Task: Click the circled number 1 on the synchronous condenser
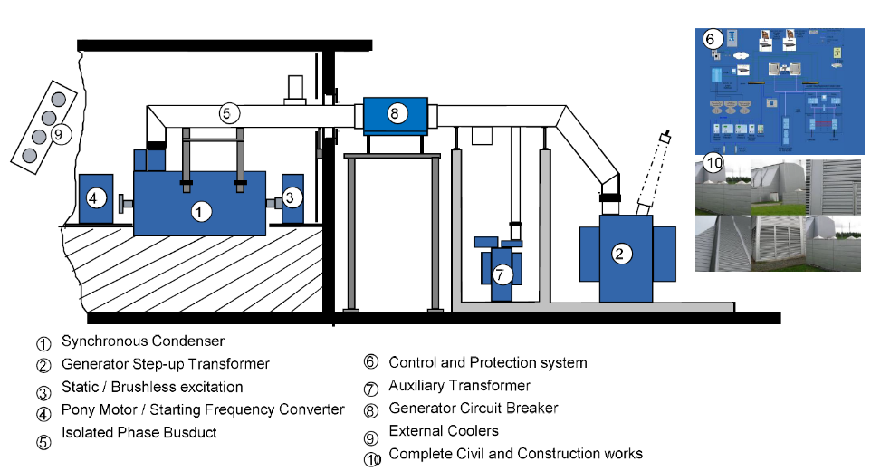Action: pyautogui.click(x=201, y=212)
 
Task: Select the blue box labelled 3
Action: pyautogui.click(x=291, y=197)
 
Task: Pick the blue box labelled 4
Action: pyautogui.click(x=95, y=197)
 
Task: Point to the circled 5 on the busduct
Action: pyautogui.click(x=230, y=113)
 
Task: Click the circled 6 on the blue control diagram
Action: pyautogui.click(x=711, y=39)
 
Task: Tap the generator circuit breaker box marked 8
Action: pyautogui.click(x=395, y=114)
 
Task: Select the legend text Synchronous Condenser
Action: pyautogui.click(x=143, y=341)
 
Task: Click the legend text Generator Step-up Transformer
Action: pyautogui.click(x=166, y=364)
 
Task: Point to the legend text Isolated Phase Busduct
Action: pyautogui.click(x=139, y=432)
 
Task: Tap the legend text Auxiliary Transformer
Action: pyautogui.click(x=460, y=386)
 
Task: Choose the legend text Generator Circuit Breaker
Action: pyautogui.click(x=474, y=409)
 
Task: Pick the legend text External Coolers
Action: pyautogui.click(x=444, y=430)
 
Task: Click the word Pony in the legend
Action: pyautogui.click(x=78, y=409)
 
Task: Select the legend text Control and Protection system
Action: pyautogui.click(x=488, y=363)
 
